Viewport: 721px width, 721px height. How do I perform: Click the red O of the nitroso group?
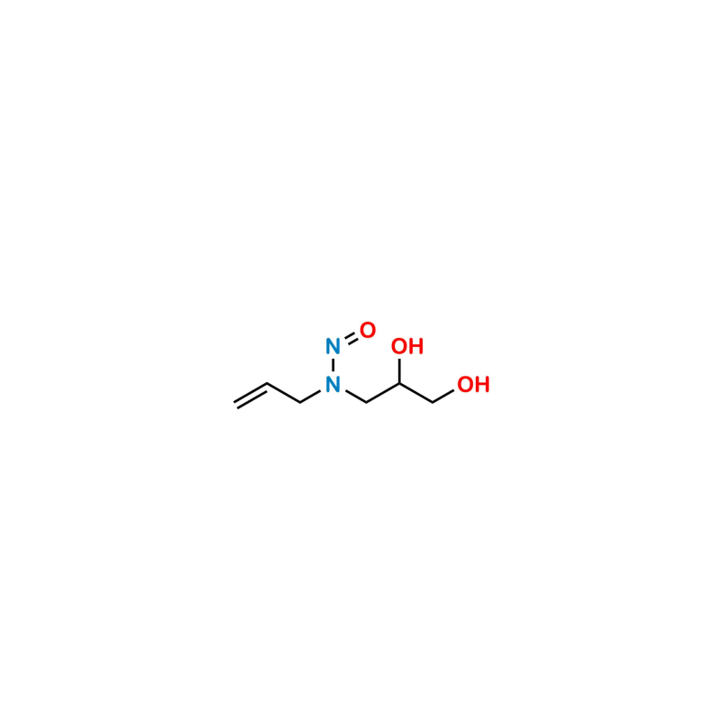367,330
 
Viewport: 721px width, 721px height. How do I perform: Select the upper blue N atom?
333,345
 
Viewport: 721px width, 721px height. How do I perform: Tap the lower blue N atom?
333,385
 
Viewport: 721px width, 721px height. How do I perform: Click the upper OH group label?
406,347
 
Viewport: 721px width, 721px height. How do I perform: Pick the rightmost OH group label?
473,385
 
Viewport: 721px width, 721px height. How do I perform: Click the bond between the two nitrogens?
333,365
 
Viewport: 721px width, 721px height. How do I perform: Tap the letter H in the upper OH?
415,347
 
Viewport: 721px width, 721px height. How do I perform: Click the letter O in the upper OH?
398,347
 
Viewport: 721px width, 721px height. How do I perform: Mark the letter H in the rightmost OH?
482,385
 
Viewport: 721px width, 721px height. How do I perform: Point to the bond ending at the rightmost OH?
445,394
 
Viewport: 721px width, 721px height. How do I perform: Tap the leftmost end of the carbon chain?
234,406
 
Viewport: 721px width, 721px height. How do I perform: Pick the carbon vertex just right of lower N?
367,402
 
